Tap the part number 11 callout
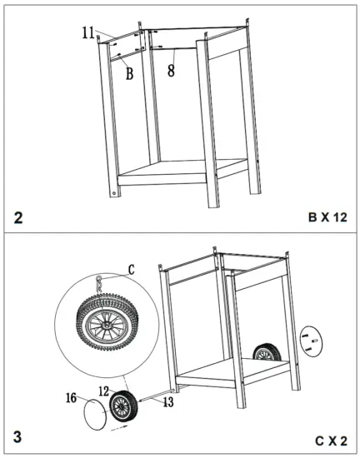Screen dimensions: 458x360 [88, 32]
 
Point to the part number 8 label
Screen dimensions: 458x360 [171, 72]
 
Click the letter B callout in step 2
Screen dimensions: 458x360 [129, 73]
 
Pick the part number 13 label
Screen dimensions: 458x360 [168, 404]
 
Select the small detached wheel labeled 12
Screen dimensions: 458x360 [123, 407]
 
